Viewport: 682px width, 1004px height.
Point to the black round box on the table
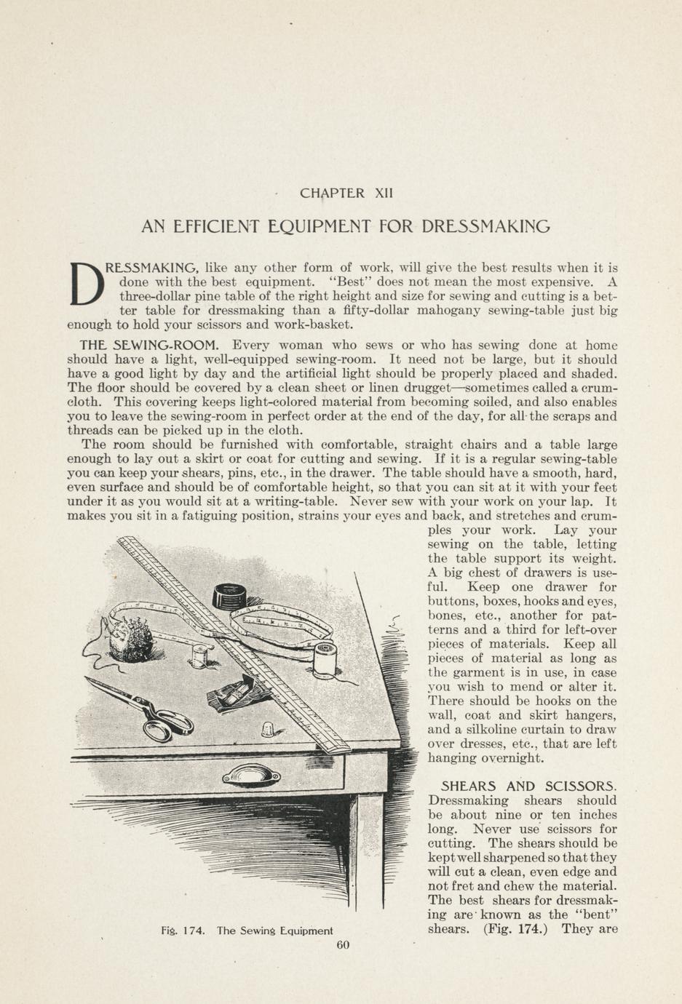tap(230, 598)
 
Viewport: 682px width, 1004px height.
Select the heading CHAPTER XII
tap(346, 194)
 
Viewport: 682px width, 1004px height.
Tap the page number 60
tap(344, 945)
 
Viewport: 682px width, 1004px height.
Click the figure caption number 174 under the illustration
tap(193, 931)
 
